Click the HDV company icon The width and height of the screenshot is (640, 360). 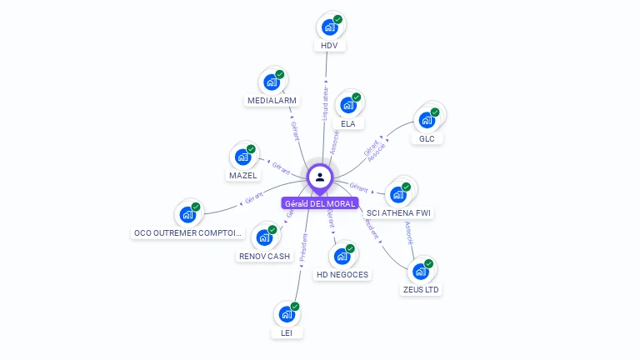point(330,27)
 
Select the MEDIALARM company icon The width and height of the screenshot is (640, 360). point(271,82)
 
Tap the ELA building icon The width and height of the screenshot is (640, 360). point(347,106)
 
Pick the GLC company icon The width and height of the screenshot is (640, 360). point(427,120)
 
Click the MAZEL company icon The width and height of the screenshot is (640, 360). point(242,157)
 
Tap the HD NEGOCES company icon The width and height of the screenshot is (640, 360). point(342,256)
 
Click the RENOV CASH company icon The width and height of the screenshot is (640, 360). point(264,237)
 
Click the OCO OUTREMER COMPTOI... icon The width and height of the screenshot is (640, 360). point(187,215)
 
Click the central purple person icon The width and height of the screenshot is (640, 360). point(320,177)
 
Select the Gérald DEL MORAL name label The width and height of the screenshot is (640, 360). point(320,203)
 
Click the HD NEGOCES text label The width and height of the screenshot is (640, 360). point(342,274)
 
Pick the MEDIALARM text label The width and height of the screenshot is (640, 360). point(272,100)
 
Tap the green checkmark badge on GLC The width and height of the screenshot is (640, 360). point(436,112)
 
